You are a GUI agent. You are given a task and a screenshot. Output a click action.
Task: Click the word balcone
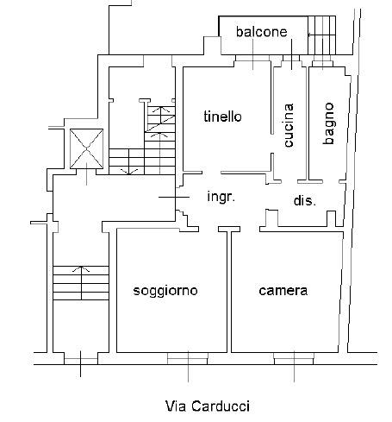click(x=261, y=32)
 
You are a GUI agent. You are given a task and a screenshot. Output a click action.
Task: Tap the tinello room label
click(x=222, y=117)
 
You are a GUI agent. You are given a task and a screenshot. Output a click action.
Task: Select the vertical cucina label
click(x=289, y=125)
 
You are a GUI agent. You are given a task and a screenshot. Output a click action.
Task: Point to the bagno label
click(x=329, y=123)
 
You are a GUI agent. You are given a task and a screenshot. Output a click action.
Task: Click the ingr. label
click(x=221, y=197)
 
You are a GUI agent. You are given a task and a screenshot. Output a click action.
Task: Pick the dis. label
click(x=305, y=200)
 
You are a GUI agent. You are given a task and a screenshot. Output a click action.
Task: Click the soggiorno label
click(x=165, y=291)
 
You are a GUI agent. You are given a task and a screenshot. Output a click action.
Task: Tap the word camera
click(x=283, y=291)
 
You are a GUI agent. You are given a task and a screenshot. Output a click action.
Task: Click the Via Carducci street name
click(x=208, y=406)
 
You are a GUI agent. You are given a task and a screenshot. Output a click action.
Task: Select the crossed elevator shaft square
click(x=86, y=148)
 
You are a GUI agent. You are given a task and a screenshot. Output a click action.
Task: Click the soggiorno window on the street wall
click(x=188, y=359)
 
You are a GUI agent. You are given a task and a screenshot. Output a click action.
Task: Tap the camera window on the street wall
click(x=294, y=359)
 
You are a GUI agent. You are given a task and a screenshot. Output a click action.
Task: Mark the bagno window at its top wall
click(x=322, y=63)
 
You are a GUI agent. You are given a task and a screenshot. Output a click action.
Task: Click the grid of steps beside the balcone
click(x=321, y=35)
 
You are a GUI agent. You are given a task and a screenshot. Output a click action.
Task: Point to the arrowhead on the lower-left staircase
click(x=81, y=269)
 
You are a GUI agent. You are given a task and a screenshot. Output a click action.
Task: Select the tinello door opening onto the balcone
click(x=252, y=61)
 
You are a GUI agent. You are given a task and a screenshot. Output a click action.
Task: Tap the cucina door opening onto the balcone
click(x=291, y=61)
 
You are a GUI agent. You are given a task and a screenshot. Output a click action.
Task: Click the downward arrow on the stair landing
click(x=129, y=172)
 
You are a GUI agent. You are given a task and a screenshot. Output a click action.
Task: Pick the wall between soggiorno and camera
click(x=229, y=291)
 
